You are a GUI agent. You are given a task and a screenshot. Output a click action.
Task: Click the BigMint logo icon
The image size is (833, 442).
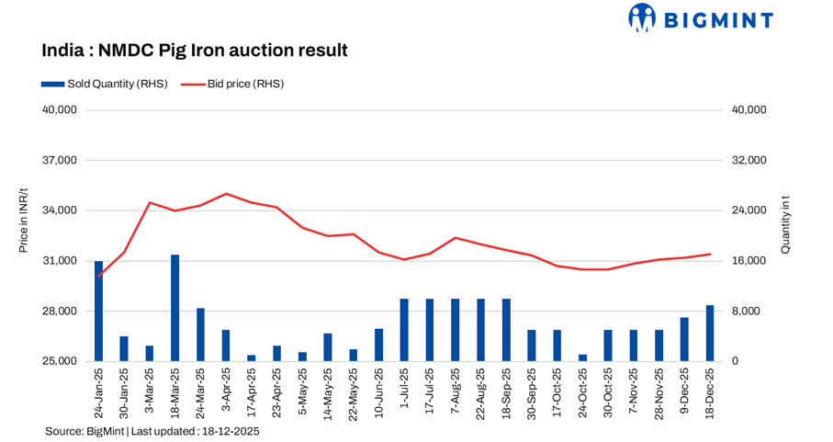tap(641, 17)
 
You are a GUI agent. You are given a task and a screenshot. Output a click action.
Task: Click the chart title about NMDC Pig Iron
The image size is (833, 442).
tap(195, 50)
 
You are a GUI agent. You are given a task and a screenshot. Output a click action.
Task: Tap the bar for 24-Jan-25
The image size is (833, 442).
tap(99, 311)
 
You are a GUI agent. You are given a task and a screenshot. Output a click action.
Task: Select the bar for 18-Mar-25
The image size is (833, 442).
tap(174, 308)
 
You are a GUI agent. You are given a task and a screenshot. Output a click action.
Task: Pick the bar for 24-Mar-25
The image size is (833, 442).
tap(200, 334)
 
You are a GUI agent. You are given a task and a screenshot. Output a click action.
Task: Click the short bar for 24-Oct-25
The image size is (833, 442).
tap(582, 357)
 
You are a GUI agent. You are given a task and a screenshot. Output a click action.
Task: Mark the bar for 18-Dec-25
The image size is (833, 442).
tap(709, 333)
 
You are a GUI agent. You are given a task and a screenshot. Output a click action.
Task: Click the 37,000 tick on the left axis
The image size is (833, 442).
tap(62, 161)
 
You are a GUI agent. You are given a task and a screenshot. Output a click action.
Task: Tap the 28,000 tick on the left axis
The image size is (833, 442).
tap(62, 312)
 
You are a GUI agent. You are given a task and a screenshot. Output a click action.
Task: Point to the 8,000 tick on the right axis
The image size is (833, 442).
tap(744, 312)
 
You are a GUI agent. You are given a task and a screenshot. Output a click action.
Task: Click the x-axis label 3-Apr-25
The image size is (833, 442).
tap(226, 391)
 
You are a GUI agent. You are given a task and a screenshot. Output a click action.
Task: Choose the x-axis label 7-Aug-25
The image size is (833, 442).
tap(455, 391)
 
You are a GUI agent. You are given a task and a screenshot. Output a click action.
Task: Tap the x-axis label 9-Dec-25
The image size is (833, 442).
tap(684, 391)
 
